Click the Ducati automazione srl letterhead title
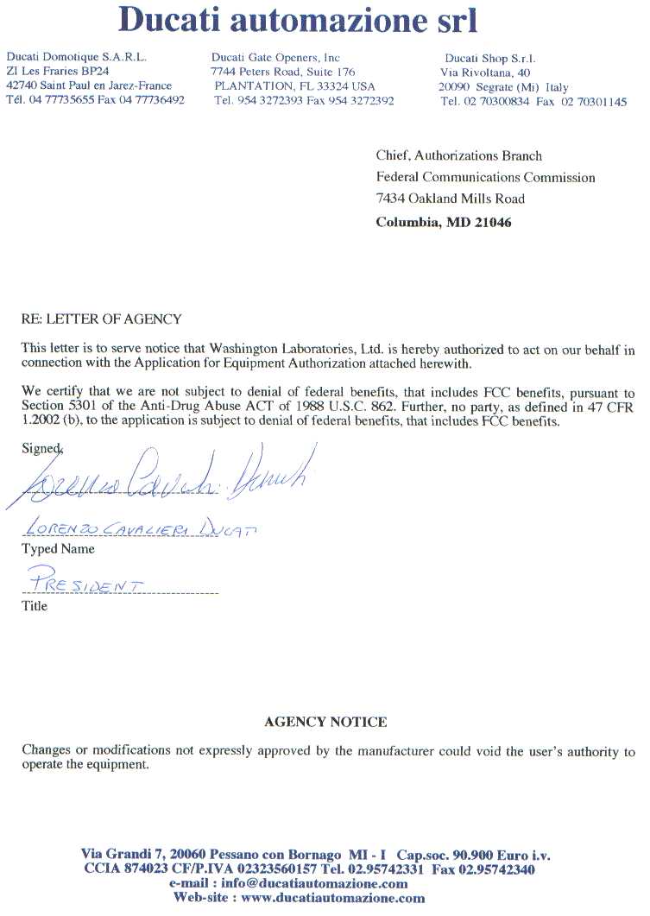[x=298, y=19]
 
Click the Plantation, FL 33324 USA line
[x=294, y=86]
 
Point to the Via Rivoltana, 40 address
[x=485, y=73]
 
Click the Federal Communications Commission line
[x=485, y=178]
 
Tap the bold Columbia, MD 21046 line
[x=444, y=223]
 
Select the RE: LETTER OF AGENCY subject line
[x=101, y=319]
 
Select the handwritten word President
[x=85, y=581]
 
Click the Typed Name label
[x=58, y=549]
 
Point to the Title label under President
[x=35, y=606]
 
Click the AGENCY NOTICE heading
[x=325, y=722]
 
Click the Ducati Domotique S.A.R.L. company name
[x=76, y=58]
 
